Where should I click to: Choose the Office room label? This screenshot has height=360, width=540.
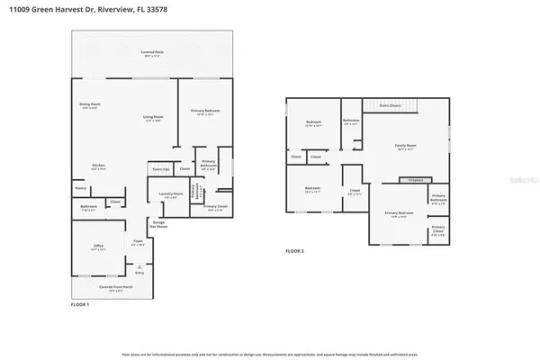[x=99, y=244]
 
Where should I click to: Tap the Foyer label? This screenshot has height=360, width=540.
[x=139, y=242]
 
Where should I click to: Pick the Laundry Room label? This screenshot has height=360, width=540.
[x=172, y=194]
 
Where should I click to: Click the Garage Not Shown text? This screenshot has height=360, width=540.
[x=158, y=223]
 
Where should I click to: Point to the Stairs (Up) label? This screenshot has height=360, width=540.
[x=161, y=168]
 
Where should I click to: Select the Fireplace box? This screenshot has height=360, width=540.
[x=416, y=180]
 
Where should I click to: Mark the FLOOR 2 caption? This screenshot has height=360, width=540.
[x=295, y=250]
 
